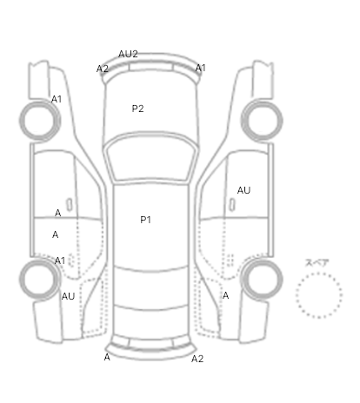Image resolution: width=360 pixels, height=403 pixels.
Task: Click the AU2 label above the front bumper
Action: (x=128, y=54)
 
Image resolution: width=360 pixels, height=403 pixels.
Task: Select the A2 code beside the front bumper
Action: (x=103, y=69)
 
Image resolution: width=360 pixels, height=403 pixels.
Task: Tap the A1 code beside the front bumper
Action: (x=201, y=68)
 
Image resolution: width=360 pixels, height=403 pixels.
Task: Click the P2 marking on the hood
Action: (x=137, y=109)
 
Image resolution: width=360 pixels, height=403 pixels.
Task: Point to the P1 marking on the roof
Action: (x=145, y=220)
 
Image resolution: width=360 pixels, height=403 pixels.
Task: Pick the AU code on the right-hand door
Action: (x=243, y=190)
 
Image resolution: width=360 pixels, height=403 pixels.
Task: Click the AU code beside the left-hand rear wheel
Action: (x=68, y=296)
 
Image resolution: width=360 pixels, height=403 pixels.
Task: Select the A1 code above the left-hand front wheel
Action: (x=57, y=99)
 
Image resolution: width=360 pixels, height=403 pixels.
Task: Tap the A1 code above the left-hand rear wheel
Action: (x=60, y=261)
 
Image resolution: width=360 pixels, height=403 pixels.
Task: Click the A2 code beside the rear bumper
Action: (x=197, y=359)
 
